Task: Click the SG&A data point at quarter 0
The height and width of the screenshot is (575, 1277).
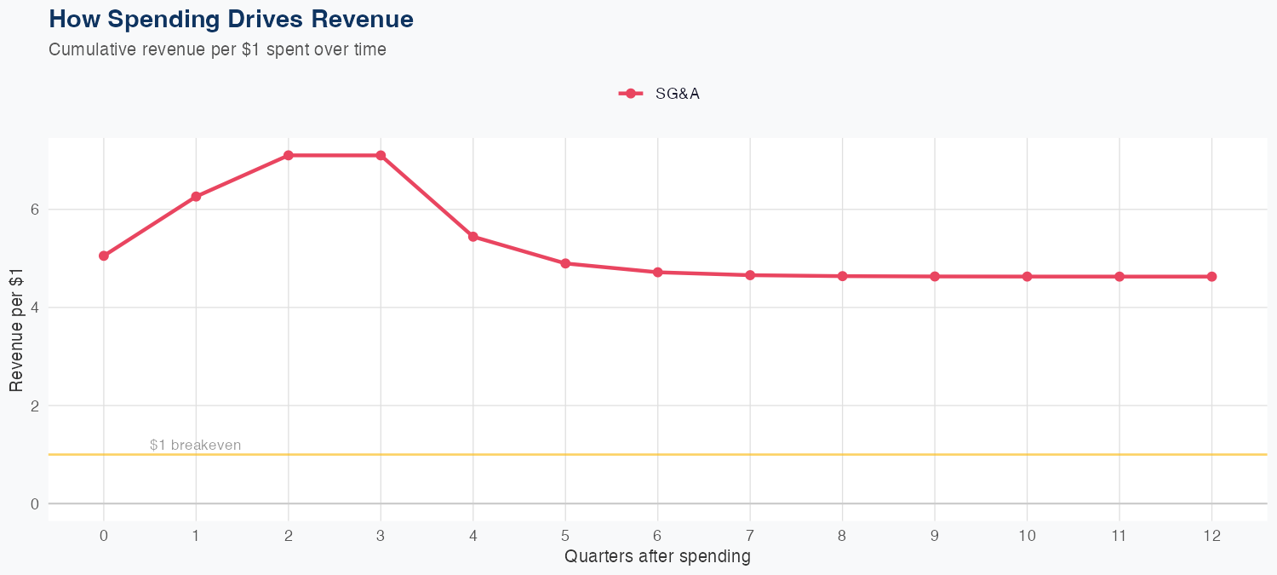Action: pyautogui.click(x=104, y=256)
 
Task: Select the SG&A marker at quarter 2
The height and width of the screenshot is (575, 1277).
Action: pyautogui.click(x=289, y=155)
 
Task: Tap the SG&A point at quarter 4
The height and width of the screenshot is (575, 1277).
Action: pyautogui.click(x=472, y=236)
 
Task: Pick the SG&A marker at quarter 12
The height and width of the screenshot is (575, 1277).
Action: pyautogui.click(x=1211, y=276)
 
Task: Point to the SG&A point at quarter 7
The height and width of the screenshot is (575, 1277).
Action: pyautogui.click(x=750, y=275)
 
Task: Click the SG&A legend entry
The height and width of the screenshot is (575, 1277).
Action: pyautogui.click(x=660, y=94)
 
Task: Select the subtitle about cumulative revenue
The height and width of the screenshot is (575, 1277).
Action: pyautogui.click(x=217, y=49)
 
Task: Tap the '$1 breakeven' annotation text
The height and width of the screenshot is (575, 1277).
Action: pyautogui.click(x=195, y=445)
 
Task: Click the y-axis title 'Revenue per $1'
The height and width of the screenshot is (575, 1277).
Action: pyautogui.click(x=16, y=329)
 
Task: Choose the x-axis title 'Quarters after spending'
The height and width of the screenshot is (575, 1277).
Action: pyautogui.click(x=657, y=556)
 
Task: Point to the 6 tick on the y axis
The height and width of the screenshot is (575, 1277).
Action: pyautogui.click(x=35, y=210)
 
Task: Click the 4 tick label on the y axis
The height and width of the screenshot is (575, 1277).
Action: pyautogui.click(x=35, y=308)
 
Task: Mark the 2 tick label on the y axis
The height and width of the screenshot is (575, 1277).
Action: pyautogui.click(x=35, y=405)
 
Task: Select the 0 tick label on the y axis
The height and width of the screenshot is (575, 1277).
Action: pyautogui.click(x=35, y=503)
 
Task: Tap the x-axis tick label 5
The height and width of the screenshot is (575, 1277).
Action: pyautogui.click(x=565, y=536)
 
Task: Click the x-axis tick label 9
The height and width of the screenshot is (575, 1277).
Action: pyautogui.click(x=935, y=536)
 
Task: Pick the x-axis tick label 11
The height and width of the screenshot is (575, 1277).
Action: pyautogui.click(x=1119, y=536)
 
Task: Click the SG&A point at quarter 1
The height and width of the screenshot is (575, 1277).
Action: pyautogui.click(x=196, y=197)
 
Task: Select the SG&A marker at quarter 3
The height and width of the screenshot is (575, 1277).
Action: pyautogui.click(x=381, y=155)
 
